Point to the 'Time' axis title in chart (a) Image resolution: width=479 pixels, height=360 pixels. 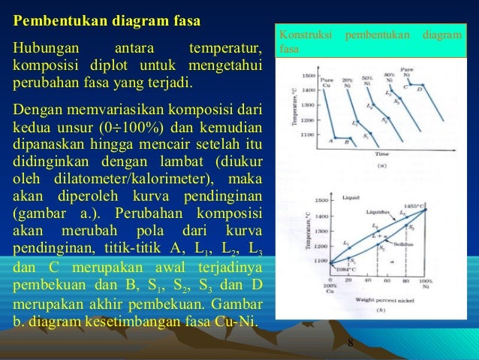tap(381, 153)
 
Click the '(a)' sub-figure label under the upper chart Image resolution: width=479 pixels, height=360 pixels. tap(381, 165)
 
